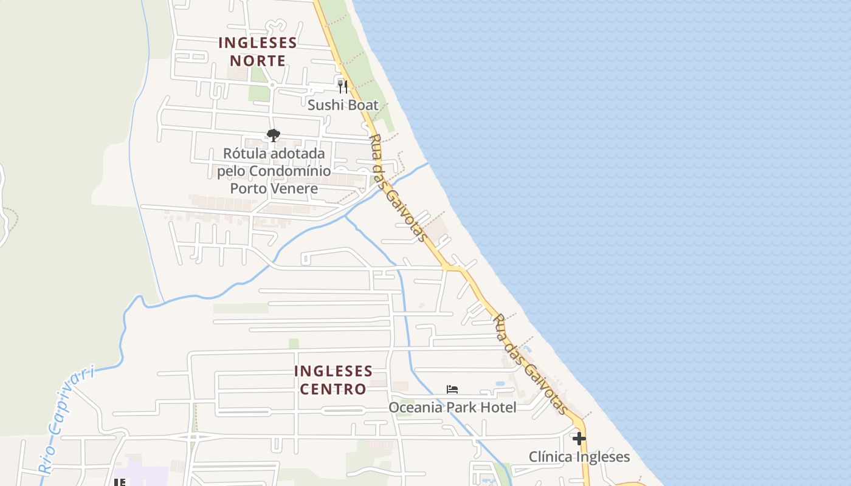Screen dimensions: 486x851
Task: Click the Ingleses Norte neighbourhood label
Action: tap(258, 52)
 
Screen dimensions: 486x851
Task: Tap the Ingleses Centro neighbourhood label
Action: tap(333, 380)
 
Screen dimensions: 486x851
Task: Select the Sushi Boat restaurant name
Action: tap(343, 105)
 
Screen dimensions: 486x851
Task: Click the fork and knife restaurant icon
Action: tap(343, 86)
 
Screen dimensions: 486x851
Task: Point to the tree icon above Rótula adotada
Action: tap(274, 135)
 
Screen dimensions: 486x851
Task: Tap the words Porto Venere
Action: tap(274, 188)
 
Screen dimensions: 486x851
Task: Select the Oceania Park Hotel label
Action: tap(452, 407)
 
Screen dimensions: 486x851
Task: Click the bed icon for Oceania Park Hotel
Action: tap(452, 389)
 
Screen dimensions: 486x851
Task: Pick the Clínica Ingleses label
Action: tap(579, 457)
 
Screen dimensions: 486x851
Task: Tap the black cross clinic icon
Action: tap(579, 438)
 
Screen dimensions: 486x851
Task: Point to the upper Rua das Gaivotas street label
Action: tap(398, 188)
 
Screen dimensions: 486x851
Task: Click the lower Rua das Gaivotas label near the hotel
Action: tap(531, 364)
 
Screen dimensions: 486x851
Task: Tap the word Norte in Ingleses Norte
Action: tap(258, 61)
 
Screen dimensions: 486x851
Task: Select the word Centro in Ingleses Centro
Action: tap(333, 389)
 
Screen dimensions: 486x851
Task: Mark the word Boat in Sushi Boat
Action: tap(360, 105)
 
